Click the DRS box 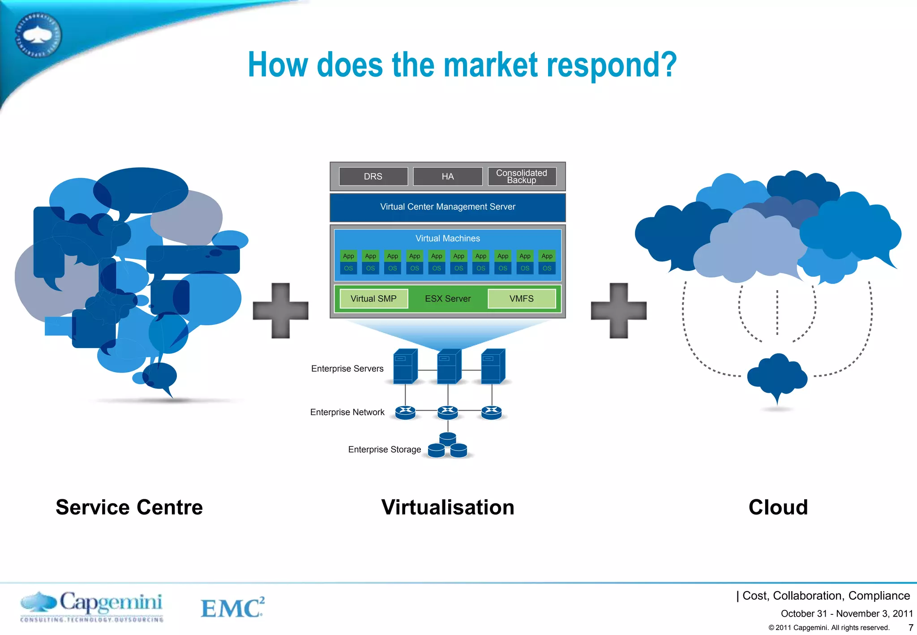tap(373, 176)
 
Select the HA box tap(447, 176)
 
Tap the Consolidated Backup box tap(521, 176)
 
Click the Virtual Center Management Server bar tap(447, 207)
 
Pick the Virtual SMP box tap(373, 299)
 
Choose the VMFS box tap(521, 299)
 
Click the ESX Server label tap(447, 299)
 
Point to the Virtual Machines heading tap(447, 239)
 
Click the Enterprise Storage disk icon tap(447, 446)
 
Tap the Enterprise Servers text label tap(347, 369)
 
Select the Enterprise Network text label tap(347, 412)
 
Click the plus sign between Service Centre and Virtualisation tap(281, 310)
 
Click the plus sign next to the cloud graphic tap(618, 310)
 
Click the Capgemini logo tap(92, 606)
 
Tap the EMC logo tap(232, 608)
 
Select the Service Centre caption tap(129, 507)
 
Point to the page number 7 tap(910, 627)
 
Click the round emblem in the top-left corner tap(39, 35)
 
